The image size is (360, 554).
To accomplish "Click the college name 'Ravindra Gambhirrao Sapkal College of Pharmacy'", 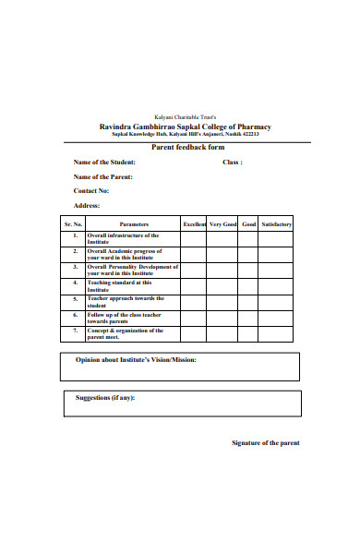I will click(186, 126).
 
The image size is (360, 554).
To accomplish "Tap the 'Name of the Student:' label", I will click(110, 162).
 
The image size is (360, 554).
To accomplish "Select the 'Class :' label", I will click(233, 162).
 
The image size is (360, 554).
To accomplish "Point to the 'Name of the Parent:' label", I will click(103, 176).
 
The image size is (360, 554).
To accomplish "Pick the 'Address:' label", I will click(87, 206).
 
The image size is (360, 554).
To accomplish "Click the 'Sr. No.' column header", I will click(73, 224).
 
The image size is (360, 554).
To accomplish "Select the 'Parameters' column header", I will click(134, 224).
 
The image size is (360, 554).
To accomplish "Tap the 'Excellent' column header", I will click(194, 224).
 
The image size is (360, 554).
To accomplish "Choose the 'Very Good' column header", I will click(222, 224).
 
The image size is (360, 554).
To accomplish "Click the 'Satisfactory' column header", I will click(277, 224).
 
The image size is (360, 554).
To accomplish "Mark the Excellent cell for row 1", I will click(194, 238).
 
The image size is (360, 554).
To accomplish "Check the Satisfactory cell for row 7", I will click(277, 333).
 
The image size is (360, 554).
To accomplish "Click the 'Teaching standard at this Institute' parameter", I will click(118, 286).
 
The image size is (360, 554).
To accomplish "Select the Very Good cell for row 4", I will click(222, 286).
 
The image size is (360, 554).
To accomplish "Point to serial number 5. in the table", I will click(74, 300).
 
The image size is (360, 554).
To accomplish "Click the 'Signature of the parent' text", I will click(265, 443).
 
